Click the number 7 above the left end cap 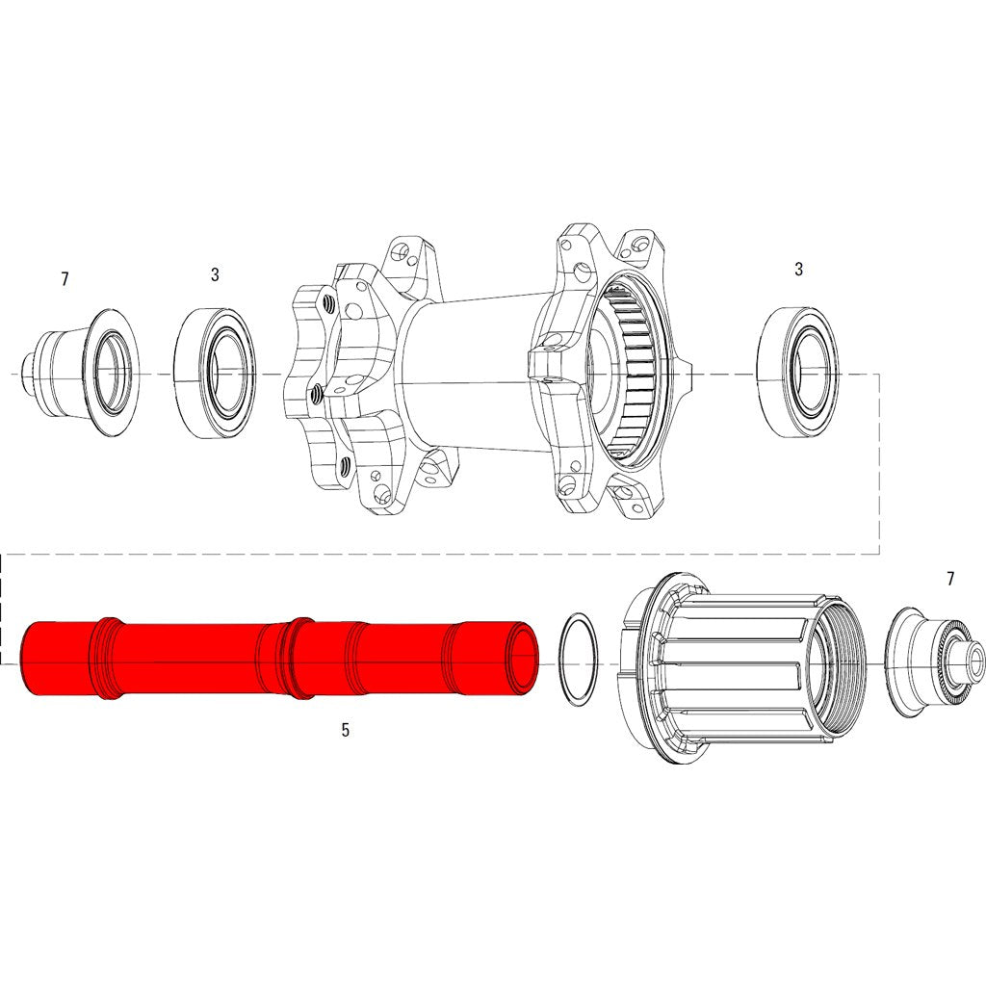point(65,279)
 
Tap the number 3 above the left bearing point(215,274)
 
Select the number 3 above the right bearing point(798,270)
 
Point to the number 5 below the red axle point(345,730)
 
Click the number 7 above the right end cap point(950,579)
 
